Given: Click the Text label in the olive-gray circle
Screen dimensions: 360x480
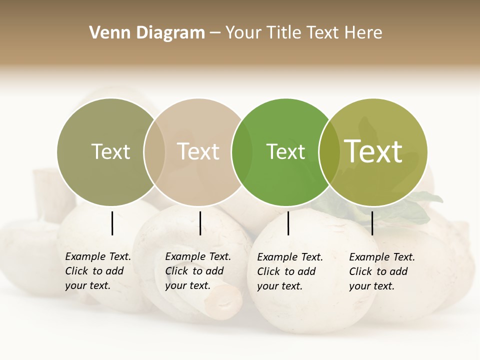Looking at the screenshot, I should tap(110, 151).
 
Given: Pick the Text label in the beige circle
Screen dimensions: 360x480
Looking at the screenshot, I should tap(198, 151).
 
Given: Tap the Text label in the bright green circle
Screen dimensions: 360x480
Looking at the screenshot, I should tap(285, 151).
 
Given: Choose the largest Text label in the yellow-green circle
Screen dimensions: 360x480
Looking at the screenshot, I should tap(373, 151).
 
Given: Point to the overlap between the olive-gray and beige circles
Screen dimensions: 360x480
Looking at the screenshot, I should tap(154, 151).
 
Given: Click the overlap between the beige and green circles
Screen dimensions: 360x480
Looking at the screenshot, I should tap(242, 151).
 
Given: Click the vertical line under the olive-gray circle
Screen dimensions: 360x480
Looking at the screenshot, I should tap(112, 223).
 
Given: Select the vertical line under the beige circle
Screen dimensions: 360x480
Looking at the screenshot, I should tap(200, 223).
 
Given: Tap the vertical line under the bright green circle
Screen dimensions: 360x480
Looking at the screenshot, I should tap(288, 223).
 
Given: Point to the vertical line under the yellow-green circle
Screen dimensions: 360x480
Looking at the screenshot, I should tap(372, 223).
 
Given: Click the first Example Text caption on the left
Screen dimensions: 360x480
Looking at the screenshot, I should tap(98, 271).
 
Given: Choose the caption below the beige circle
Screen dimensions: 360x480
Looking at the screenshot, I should tap(198, 271).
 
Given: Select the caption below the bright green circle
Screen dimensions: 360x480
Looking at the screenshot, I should tap(290, 271).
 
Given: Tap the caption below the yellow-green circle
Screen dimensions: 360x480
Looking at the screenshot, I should tap(382, 271).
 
